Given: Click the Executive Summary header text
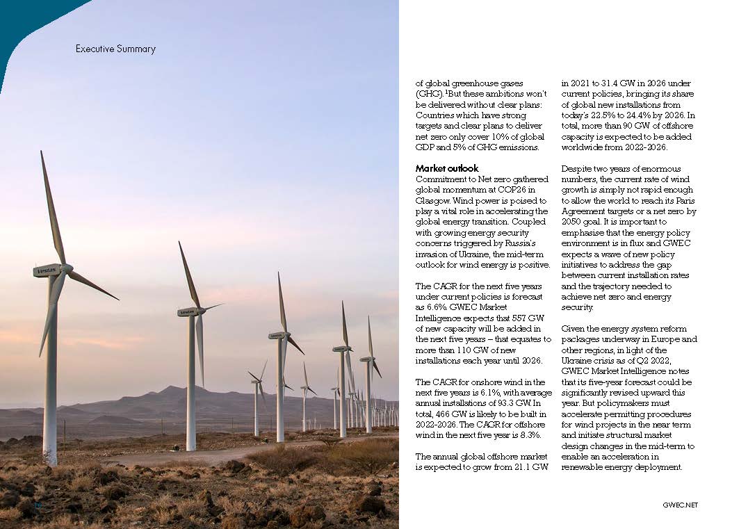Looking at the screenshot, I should pos(115,49).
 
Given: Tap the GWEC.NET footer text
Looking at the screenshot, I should pos(679,505).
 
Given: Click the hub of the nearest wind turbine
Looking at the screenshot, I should pos(66,268).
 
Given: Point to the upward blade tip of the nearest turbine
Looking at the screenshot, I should pos(42,153).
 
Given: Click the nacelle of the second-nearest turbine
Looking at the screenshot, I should pos(190,311).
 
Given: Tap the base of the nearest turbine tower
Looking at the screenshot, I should pos(50,460).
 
